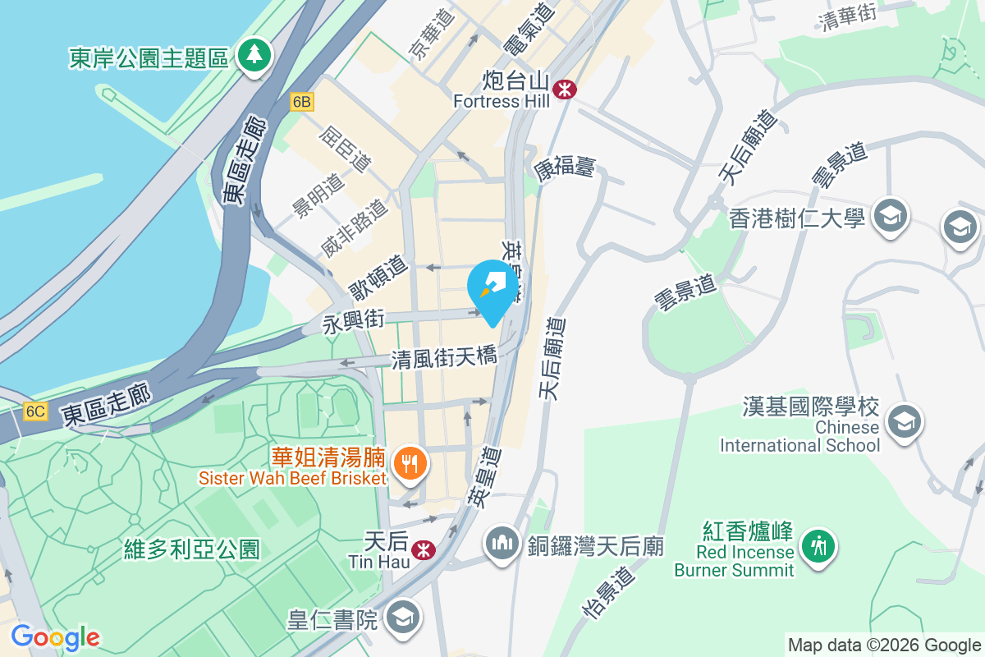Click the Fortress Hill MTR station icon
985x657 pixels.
pos(564,89)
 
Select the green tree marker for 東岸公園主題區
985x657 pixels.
pos(254,57)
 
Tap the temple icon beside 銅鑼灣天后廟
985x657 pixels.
pos(501,544)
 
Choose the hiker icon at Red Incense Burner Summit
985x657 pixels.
pos(818,544)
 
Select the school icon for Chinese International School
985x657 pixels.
pos(905,420)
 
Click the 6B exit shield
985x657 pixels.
pos(302,102)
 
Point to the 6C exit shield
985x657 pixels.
pos(35,411)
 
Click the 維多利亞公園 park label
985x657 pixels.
pos(192,548)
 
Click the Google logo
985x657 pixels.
pos(56,637)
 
